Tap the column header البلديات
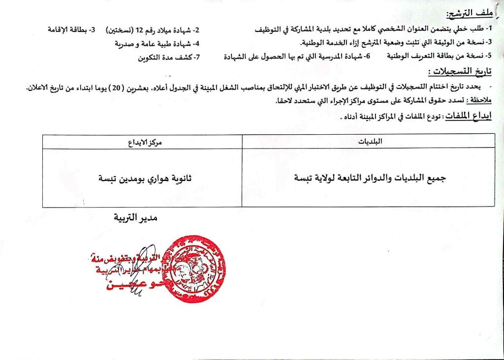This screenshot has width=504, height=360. coord(369,141)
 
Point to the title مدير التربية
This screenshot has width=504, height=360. coord(133,217)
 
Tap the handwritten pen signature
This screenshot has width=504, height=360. coord(128,288)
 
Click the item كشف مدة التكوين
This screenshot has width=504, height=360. coord(165,58)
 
